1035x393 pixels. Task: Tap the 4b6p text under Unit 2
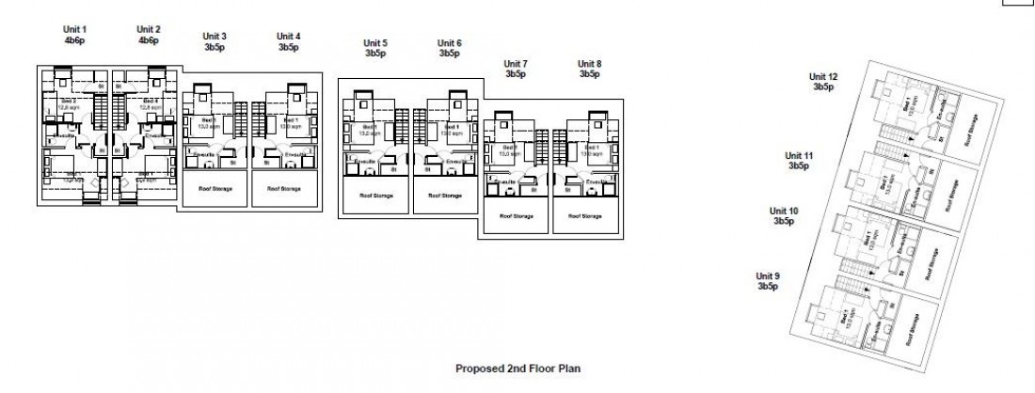[148, 40]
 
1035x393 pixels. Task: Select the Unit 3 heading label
[215, 37]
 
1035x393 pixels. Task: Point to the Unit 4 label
[288, 37]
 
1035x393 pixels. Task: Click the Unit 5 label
[375, 43]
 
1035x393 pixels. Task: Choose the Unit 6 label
[450, 43]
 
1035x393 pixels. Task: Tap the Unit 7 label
[515, 63]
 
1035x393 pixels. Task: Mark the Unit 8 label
[590, 63]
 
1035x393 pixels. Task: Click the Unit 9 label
[769, 276]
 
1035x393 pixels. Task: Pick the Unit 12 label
[823, 76]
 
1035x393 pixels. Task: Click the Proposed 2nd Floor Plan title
[517, 369]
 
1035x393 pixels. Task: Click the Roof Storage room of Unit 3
[215, 188]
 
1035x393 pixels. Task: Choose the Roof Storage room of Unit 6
[445, 196]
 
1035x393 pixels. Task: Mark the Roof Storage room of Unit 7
[517, 216]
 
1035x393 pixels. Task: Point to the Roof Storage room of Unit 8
[588, 216]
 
